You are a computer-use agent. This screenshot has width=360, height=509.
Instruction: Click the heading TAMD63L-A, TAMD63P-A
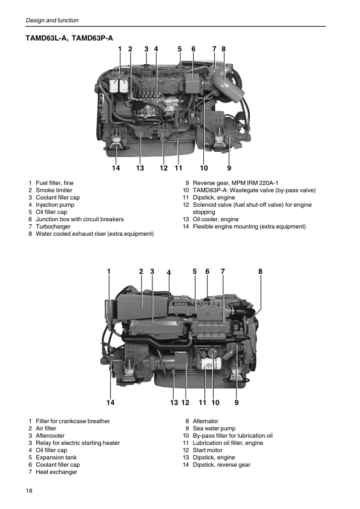[x=69, y=38]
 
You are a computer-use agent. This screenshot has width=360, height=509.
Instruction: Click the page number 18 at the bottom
[x=29, y=490]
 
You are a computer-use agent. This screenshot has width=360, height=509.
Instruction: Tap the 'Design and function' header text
[x=52, y=20]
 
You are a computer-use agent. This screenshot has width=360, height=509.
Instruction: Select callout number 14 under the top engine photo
[x=116, y=168]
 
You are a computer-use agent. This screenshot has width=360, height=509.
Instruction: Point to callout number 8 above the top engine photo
[x=223, y=49]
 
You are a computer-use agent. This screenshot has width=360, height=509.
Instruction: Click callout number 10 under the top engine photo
[x=204, y=168]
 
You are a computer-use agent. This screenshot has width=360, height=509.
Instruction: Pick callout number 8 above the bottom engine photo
[x=260, y=271]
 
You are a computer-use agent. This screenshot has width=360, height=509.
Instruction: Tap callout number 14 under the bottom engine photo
[x=111, y=403]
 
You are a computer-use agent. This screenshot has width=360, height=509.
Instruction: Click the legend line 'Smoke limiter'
[x=54, y=190]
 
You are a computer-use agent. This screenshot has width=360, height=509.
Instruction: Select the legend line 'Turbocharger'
[x=53, y=227]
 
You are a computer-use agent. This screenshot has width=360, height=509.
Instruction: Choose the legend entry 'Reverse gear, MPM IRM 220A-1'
[x=235, y=183]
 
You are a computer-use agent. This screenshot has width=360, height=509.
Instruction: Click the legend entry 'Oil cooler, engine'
[x=216, y=219]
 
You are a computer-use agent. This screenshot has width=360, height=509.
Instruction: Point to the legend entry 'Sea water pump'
[x=214, y=429]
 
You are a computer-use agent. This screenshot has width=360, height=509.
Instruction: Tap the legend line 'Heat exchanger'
[x=56, y=472]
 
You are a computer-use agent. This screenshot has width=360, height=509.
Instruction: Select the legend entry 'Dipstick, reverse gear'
[x=221, y=465]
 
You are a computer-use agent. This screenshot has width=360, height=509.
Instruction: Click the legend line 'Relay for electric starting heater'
[x=77, y=443]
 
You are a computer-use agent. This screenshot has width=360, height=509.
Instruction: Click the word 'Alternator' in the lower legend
[x=205, y=421]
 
